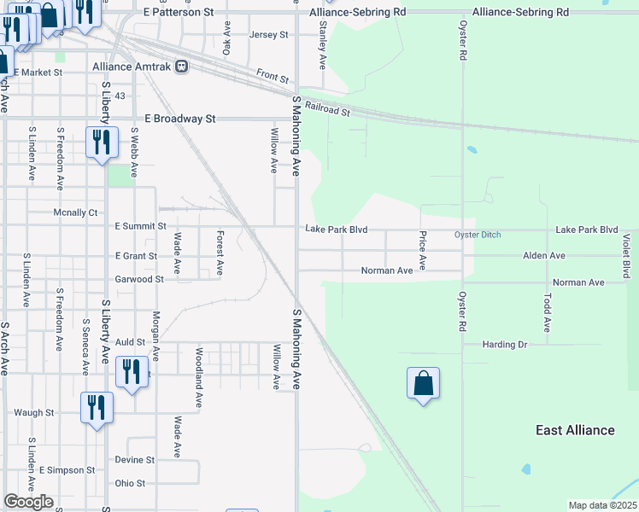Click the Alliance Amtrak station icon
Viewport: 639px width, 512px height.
coord(181,67)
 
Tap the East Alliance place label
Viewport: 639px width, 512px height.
coord(575,430)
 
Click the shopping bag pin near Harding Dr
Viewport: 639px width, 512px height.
coord(424,384)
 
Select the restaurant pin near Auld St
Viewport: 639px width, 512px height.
coord(131,372)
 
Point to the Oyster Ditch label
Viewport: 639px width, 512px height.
coord(477,235)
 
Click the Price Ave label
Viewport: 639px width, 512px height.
coord(422,250)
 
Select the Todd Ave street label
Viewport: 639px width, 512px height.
coord(547,313)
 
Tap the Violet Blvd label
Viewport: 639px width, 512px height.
coord(626,257)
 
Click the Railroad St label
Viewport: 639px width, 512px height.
coord(327,108)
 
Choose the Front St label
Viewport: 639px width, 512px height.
coord(273,77)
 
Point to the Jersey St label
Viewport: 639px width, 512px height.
coord(269,35)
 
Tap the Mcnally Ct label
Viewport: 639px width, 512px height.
coord(76,212)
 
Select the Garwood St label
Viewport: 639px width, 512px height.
coord(139,279)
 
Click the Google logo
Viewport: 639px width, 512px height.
coord(28,502)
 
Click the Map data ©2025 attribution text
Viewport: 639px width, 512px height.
coord(603,505)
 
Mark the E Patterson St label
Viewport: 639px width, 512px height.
coord(179,13)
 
